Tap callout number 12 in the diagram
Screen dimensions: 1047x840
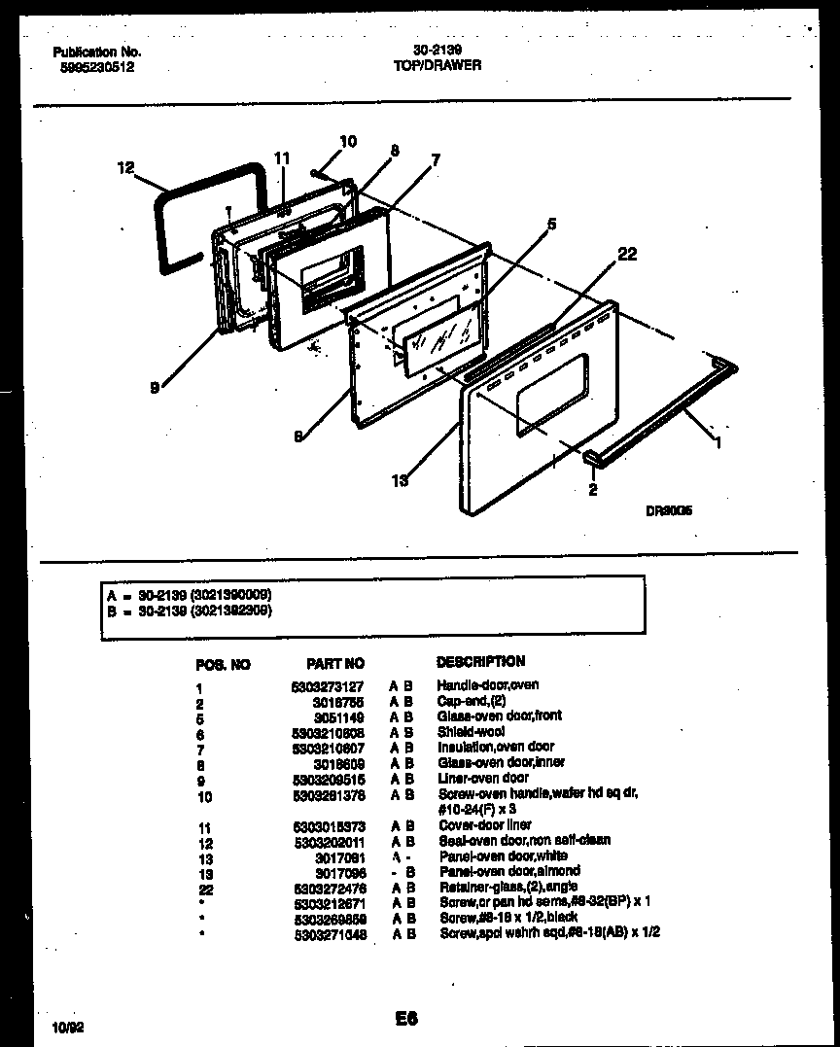click(125, 168)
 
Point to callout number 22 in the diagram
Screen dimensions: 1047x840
click(627, 254)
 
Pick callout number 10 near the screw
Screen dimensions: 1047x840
click(348, 142)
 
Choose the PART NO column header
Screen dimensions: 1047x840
click(335, 664)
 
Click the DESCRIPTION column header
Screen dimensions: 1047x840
click(480, 661)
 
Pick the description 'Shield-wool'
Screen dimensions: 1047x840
click(472, 732)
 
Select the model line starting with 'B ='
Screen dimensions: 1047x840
click(190, 611)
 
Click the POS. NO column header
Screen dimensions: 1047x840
click(223, 665)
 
